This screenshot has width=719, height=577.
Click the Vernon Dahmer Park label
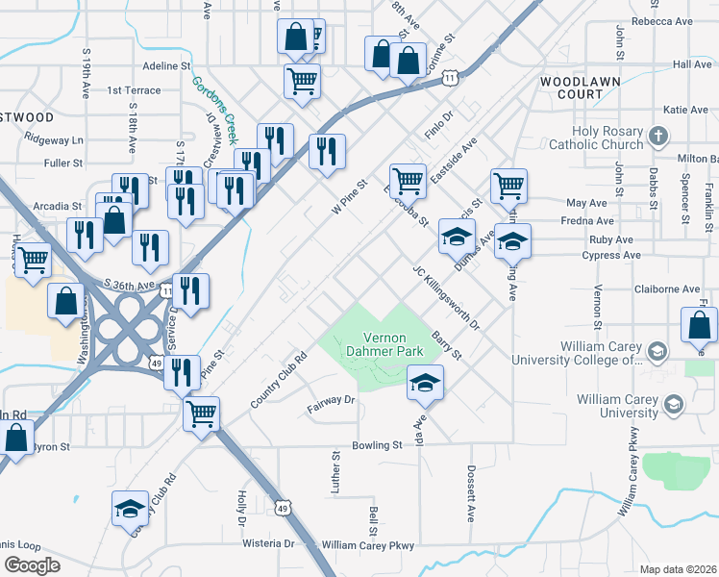[x=386, y=346]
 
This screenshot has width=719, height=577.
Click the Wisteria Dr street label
[x=268, y=543]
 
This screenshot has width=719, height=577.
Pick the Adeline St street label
[x=167, y=66]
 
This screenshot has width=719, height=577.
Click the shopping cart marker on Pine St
[x=202, y=414]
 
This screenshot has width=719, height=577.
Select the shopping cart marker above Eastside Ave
[x=409, y=180]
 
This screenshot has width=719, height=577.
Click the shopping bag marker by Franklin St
[x=699, y=325]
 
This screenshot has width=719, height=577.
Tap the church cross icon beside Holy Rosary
[x=658, y=136]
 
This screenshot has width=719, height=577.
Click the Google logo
[x=32, y=564]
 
